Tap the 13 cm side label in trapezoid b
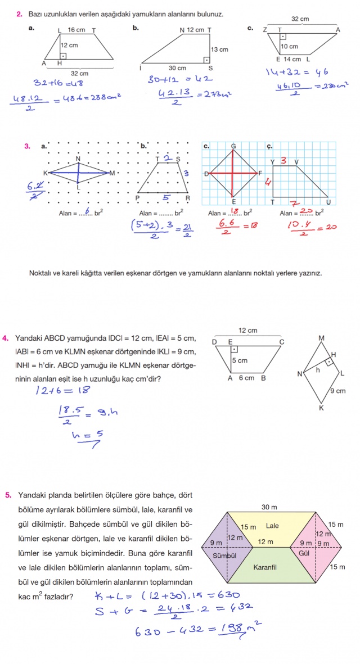click(219, 49)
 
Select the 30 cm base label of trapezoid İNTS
click(177, 68)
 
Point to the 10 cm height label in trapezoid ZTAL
click(290, 47)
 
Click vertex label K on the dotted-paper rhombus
click(45, 173)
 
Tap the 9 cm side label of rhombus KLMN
click(337, 391)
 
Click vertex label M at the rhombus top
click(321, 338)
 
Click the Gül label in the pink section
click(305, 553)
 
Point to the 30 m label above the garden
click(269, 507)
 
